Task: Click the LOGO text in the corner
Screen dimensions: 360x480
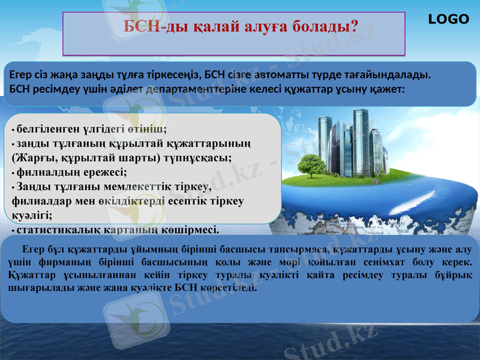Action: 448,19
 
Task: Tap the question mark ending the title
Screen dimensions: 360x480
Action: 353,26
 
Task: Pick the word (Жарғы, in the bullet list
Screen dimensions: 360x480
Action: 32,158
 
